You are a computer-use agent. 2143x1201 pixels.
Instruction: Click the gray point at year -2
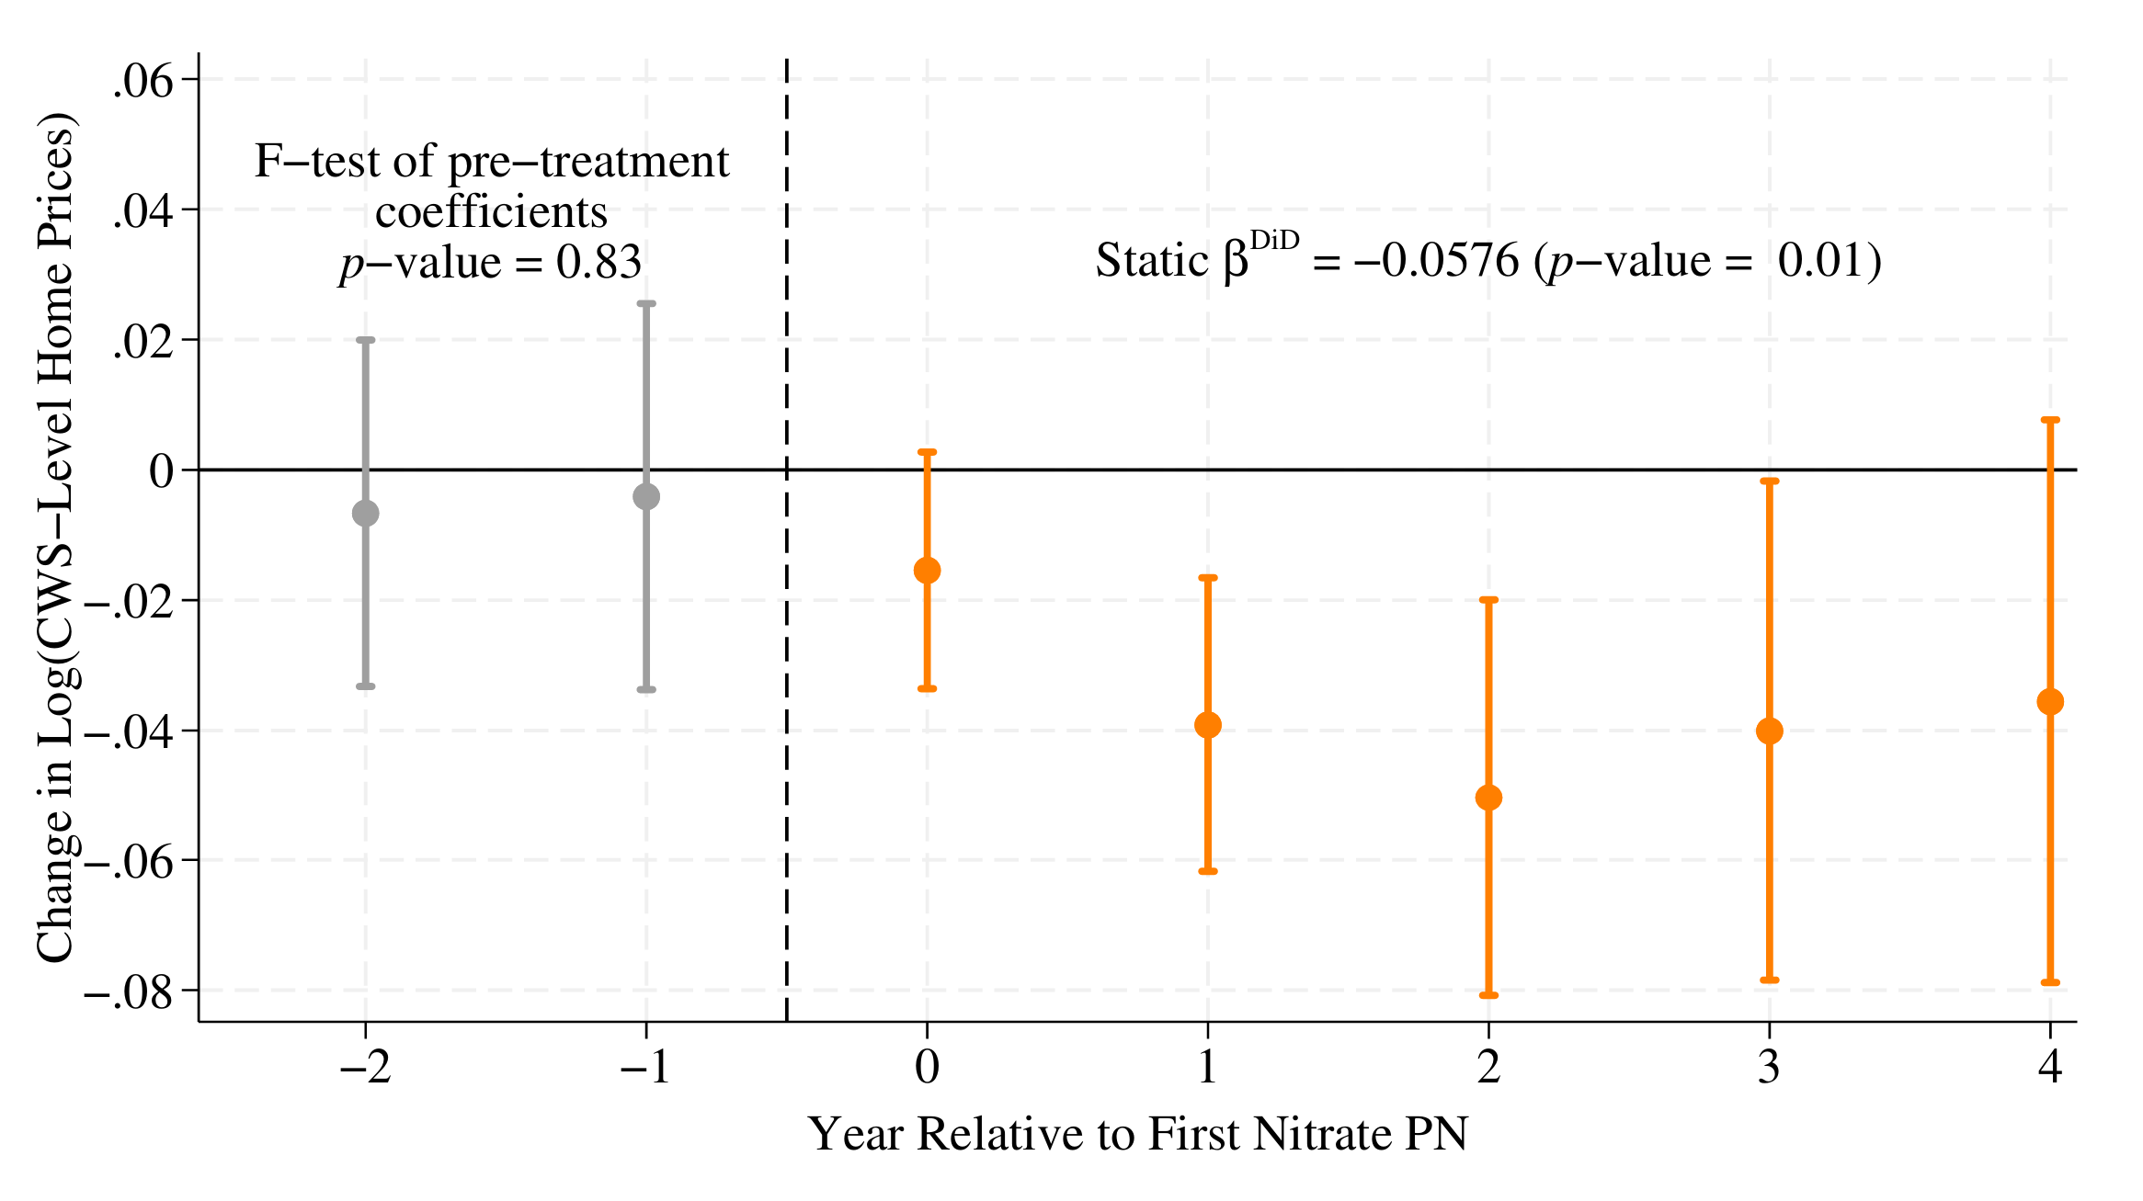pos(365,513)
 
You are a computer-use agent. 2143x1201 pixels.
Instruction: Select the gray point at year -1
pos(646,496)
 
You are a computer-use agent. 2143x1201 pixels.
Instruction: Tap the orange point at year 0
pos(927,571)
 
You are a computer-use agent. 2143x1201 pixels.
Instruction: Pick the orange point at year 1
pos(1207,725)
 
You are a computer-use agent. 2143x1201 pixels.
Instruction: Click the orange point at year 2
pos(1488,798)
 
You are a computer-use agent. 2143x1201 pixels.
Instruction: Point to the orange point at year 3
pos(1769,731)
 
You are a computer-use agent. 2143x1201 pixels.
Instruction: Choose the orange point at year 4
pos(2050,702)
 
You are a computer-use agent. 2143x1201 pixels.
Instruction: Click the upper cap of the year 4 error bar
pos(2050,420)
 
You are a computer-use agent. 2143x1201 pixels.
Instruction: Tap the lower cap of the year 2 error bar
pos(1488,995)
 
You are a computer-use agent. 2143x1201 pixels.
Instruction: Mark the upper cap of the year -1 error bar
pos(646,303)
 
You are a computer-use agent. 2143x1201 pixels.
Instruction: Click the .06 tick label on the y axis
pos(142,82)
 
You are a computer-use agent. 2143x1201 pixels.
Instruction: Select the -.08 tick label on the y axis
pos(128,992)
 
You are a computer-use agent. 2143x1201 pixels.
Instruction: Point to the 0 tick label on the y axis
pos(161,471)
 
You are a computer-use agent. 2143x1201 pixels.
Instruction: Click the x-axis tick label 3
pos(1769,1068)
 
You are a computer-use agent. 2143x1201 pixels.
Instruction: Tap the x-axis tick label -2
pos(365,1068)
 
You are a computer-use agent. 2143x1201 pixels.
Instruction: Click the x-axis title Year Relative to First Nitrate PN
pos(1137,1134)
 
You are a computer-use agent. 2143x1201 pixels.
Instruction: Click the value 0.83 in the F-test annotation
pos(598,263)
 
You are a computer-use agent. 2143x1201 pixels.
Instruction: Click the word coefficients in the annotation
pos(491,212)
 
